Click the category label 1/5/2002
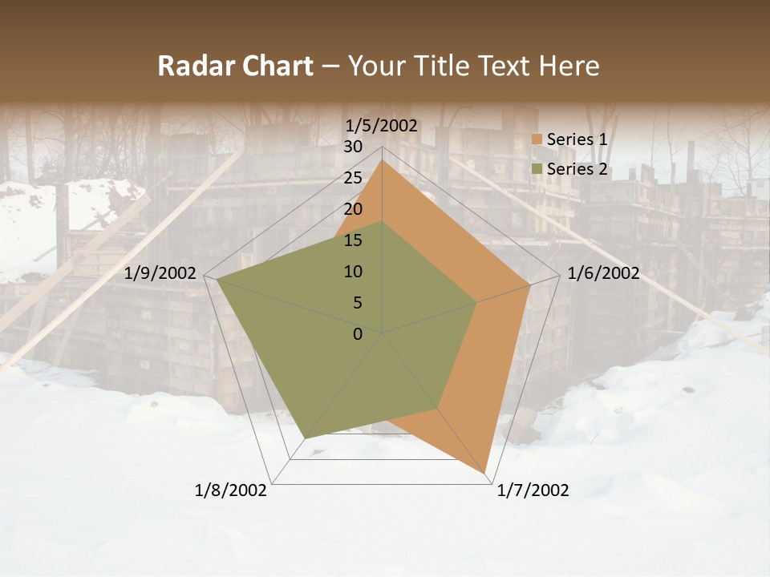pyautogui.click(x=381, y=125)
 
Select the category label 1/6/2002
pyautogui.click(x=603, y=273)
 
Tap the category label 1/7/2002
pyautogui.click(x=533, y=490)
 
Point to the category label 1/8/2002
pyautogui.click(x=231, y=490)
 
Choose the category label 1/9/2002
pyautogui.click(x=160, y=273)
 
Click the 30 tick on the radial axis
pyautogui.click(x=353, y=147)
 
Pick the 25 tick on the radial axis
pyautogui.click(x=353, y=178)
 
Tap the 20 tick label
pyautogui.click(x=353, y=209)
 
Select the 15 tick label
pyautogui.click(x=353, y=240)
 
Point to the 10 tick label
pyautogui.click(x=353, y=272)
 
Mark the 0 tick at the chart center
pyautogui.click(x=358, y=334)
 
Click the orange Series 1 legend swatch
pyautogui.click(x=537, y=140)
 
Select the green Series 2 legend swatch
pyautogui.click(x=537, y=169)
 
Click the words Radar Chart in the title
pyautogui.click(x=235, y=66)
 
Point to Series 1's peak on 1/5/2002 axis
pyautogui.click(x=382, y=161)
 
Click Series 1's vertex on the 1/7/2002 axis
pyautogui.click(x=485, y=474)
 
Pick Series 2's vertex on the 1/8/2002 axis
pyautogui.click(x=306, y=438)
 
